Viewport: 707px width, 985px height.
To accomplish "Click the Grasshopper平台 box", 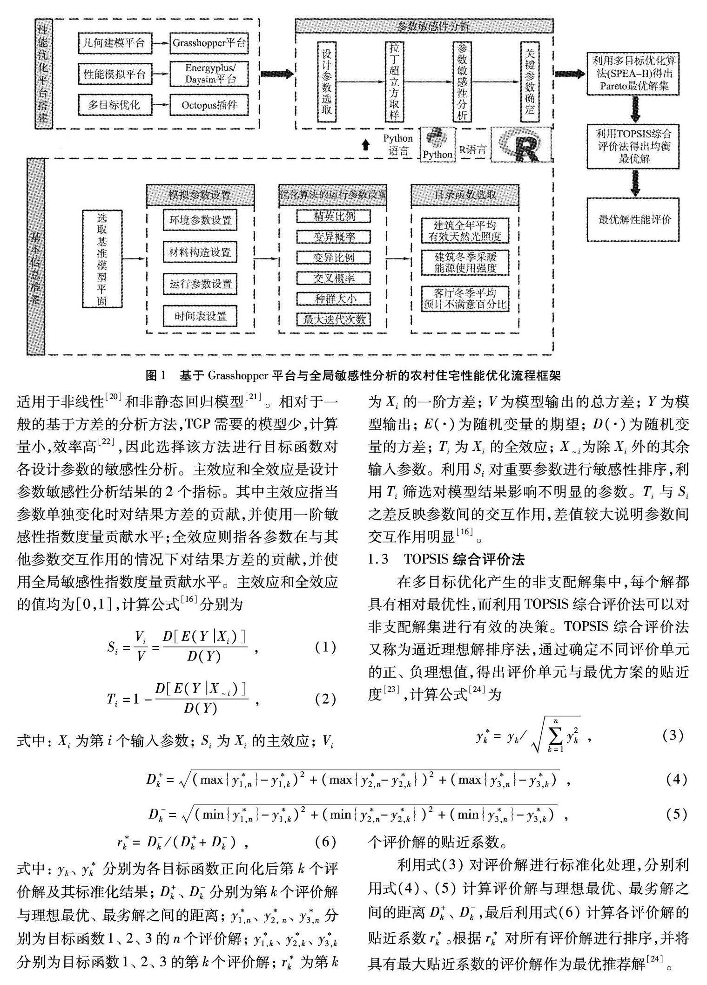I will click(209, 44).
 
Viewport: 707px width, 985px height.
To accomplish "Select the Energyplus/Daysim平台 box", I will click(209, 74).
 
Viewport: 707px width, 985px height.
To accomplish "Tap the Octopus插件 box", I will click(209, 105).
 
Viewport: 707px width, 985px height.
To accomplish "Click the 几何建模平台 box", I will click(114, 44).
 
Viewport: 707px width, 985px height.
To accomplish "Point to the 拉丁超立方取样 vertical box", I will click(394, 82).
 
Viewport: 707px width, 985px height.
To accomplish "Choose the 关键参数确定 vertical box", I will click(529, 82).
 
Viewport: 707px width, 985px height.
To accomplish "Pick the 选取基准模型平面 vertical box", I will click(102, 258).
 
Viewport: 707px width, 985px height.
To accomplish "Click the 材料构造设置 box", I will click(200, 252).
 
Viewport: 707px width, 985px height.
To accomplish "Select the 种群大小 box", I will click(334, 299).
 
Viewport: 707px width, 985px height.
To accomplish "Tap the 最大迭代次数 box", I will click(334, 319).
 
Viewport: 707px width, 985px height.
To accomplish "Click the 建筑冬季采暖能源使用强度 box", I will click(465, 262).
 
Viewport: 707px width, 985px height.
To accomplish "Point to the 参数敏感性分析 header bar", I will click(424, 26).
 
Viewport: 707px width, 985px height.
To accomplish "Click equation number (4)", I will click(674, 780).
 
